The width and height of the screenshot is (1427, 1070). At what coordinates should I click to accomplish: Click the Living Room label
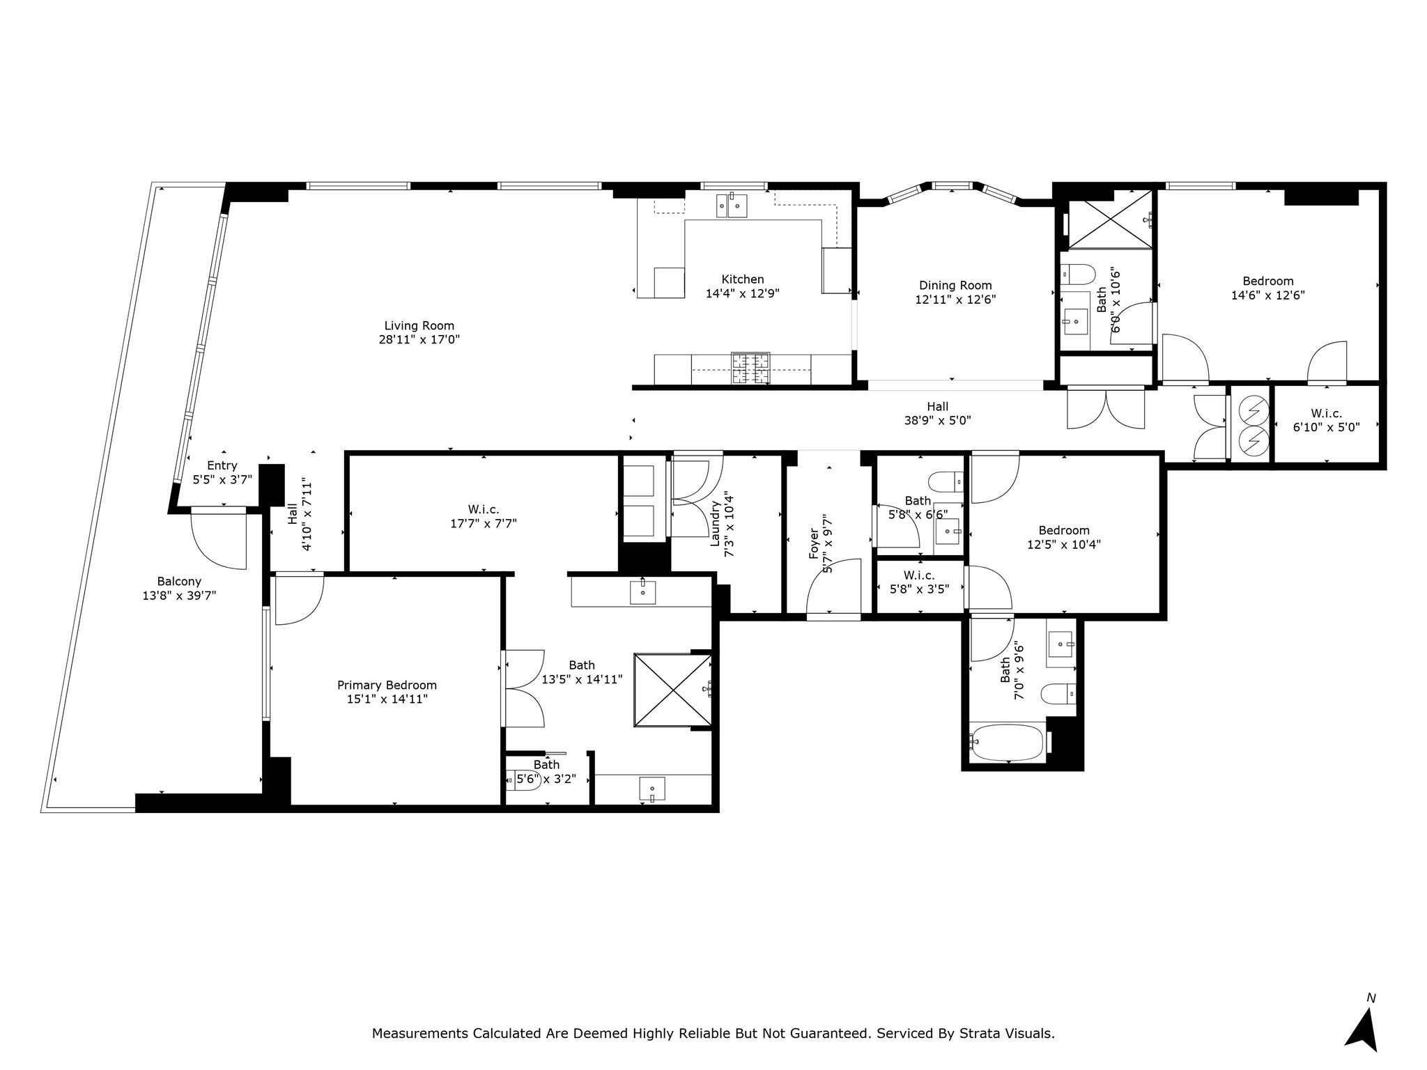point(419,325)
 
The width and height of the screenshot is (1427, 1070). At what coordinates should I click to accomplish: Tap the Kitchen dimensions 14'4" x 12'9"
point(742,294)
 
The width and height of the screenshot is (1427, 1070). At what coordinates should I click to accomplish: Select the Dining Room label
point(955,285)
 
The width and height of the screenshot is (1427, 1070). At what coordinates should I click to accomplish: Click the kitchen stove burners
point(750,369)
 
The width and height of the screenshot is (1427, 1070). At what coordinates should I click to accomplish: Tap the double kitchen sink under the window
point(732,206)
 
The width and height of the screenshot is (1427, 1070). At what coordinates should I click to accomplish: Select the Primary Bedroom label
point(387,685)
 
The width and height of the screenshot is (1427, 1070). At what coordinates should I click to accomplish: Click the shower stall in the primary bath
point(672,690)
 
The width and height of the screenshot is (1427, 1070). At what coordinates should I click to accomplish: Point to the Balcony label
point(179,581)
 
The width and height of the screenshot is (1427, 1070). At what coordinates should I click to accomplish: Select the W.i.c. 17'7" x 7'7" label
point(484,509)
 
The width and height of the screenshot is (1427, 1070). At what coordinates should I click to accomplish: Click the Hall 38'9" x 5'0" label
point(937,407)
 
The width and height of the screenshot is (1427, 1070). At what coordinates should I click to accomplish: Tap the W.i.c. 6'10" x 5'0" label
point(1326,413)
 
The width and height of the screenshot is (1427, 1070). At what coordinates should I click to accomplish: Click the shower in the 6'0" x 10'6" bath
point(1109,219)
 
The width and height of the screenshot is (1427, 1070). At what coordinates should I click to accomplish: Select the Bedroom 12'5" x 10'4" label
point(1063,530)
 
